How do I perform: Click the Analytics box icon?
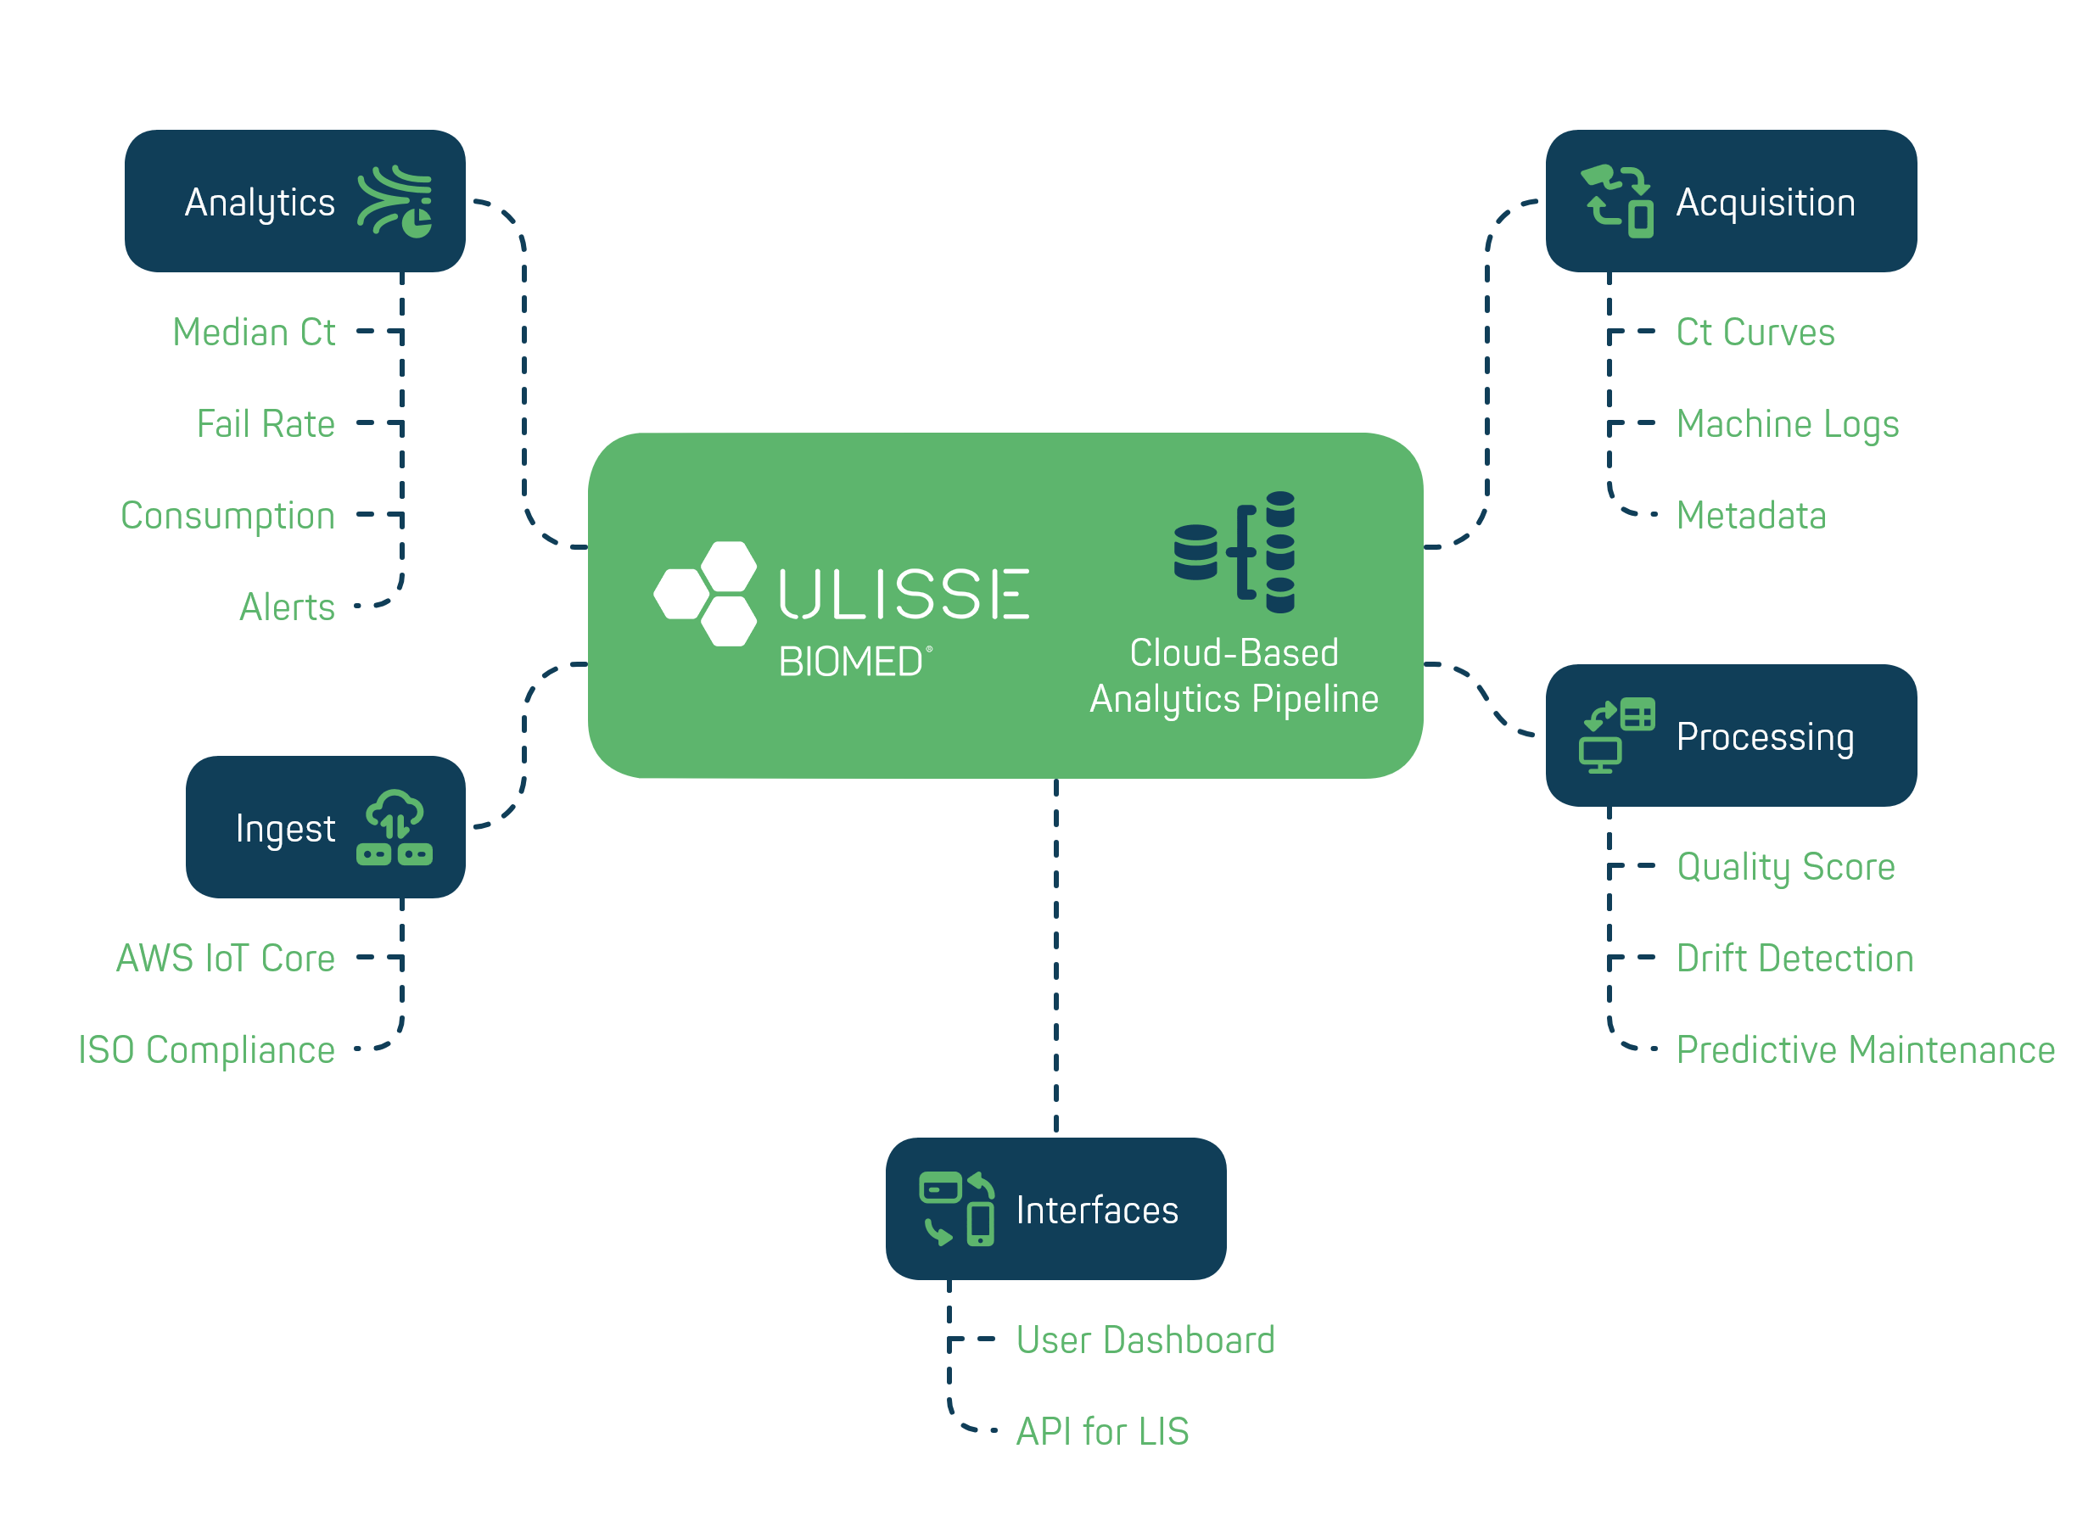pos(395,202)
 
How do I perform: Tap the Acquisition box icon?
pos(1616,202)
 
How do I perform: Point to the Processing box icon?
pos(1616,736)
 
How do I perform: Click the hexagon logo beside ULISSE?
pos(705,594)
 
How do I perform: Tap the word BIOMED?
pos(850,662)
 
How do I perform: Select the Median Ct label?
pos(254,332)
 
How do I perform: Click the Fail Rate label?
pos(266,423)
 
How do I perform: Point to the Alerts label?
pos(287,607)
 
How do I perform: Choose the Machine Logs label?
pos(1788,423)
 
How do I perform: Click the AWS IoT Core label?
pos(226,959)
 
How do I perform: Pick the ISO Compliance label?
pos(206,1050)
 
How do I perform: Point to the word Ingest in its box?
pos(285,828)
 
